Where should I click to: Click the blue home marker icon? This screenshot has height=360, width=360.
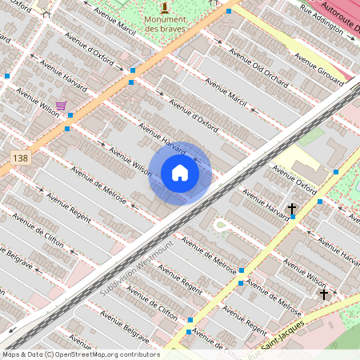click(x=180, y=173)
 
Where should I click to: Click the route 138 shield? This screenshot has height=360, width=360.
click(x=22, y=160)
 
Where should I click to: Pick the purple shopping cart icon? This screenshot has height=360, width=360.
click(x=61, y=105)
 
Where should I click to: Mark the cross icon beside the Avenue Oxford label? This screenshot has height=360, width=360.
click(x=293, y=210)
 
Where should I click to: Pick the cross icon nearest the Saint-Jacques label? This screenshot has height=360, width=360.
click(x=324, y=294)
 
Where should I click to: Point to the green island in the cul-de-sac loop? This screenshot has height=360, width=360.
click(x=222, y=225)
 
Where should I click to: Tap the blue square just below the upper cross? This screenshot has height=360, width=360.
click(x=293, y=218)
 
